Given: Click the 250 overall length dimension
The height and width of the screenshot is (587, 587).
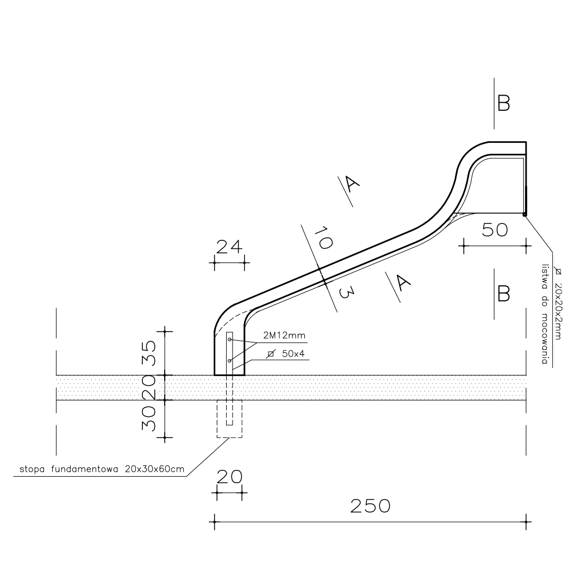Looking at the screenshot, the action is [x=370, y=506].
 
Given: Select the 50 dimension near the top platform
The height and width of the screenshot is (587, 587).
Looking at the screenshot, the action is [x=495, y=230].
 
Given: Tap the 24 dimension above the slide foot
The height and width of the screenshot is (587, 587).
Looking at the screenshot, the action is [x=229, y=247].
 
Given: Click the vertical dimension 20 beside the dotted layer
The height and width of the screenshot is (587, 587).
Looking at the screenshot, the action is [x=148, y=387].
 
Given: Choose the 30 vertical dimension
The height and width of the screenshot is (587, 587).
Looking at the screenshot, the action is [x=148, y=419].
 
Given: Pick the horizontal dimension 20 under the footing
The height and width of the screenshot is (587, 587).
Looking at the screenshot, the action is [x=229, y=477].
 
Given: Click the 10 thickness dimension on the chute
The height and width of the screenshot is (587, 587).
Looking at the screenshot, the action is [x=323, y=238].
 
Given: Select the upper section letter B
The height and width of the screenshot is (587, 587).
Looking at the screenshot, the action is [x=503, y=103].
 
